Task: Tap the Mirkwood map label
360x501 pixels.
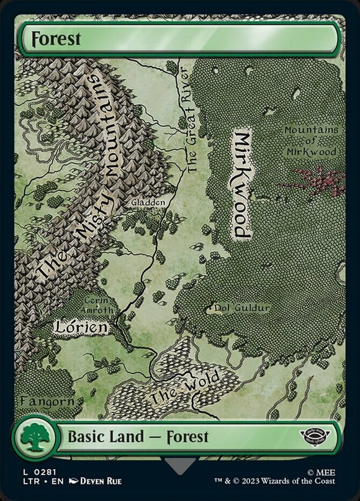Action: pyautogui.click(x=243, y=184)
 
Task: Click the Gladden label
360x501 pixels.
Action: pyautogui.click(x=148, y=202)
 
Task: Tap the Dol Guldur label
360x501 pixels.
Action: pyautogui.click(x=241, y=307)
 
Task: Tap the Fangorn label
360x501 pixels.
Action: pyautogui.click(x=47, y=401)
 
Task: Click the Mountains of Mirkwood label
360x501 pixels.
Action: pyautogui.click(x=311, y=141)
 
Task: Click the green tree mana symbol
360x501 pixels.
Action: pyautogui.click(x=34, y=438)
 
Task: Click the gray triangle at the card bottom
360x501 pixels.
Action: pyautogui.click(x=181, y=465)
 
